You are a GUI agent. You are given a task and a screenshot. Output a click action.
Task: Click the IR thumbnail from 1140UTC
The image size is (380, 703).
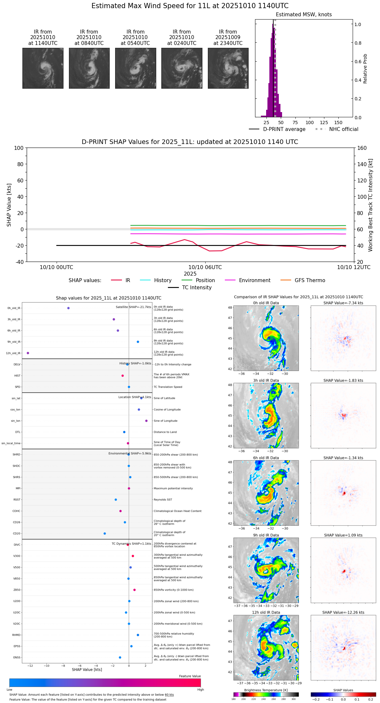(x=43, y=68)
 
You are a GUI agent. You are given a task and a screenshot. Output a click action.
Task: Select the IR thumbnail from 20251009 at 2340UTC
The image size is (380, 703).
(x=228, y=68)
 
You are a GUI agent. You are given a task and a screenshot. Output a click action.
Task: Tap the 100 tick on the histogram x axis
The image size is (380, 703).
(x=309, y=122)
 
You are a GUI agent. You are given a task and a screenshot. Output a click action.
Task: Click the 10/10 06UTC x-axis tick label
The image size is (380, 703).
(x=205, y=267)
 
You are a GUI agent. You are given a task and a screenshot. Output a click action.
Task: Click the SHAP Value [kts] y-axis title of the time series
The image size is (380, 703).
(x=9, y=205)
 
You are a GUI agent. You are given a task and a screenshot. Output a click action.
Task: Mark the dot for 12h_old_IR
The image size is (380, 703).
(x=28, y=353)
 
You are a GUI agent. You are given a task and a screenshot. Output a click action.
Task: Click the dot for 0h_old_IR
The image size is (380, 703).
(x=68, y=308)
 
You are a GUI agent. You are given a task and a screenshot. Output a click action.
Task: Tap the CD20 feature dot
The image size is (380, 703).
(x=104, y=534)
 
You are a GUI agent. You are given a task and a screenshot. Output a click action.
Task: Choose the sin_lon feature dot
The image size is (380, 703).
(x=146, y=421)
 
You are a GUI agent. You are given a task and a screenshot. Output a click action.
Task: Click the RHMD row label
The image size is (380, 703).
(x=16, y=635)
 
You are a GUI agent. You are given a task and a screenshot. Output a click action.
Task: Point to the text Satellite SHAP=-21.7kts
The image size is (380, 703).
(x=133, y=307)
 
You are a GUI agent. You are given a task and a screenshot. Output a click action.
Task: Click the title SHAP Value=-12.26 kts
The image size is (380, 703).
(x=343, y=612)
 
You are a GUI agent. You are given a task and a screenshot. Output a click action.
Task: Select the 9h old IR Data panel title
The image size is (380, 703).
(x=266, y=535)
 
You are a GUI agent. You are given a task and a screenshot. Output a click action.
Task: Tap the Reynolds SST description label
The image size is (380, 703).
(x=167, y=500)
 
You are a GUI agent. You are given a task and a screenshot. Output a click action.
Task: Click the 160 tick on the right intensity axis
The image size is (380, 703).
(x=362, y=148)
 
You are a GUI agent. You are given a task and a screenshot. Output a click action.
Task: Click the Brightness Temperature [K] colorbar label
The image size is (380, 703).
(x=266, y=690)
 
